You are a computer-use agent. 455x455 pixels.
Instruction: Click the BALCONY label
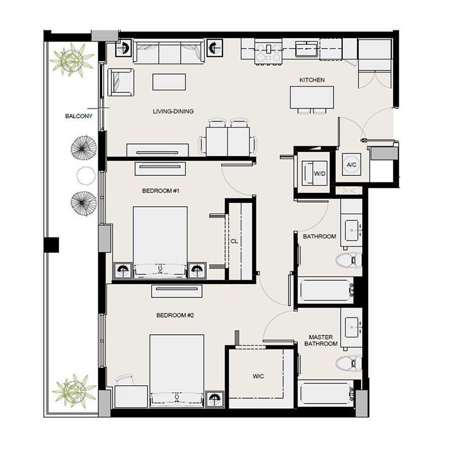[79, 116]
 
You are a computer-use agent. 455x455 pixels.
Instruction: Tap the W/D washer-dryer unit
[313, 172]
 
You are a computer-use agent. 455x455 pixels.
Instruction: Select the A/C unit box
[351, 164]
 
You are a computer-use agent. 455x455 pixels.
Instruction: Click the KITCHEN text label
[312, 80]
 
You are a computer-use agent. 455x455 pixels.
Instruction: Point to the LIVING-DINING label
[173, 111]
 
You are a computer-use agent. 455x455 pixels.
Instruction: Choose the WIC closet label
[258, 377]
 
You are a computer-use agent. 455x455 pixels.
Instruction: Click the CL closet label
[234, 241]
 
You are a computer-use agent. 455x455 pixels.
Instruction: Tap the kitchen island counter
[312, 97]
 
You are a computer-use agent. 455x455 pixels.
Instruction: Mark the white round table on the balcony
[85, 175]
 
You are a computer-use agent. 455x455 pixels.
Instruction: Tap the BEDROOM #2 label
[175, 315]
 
